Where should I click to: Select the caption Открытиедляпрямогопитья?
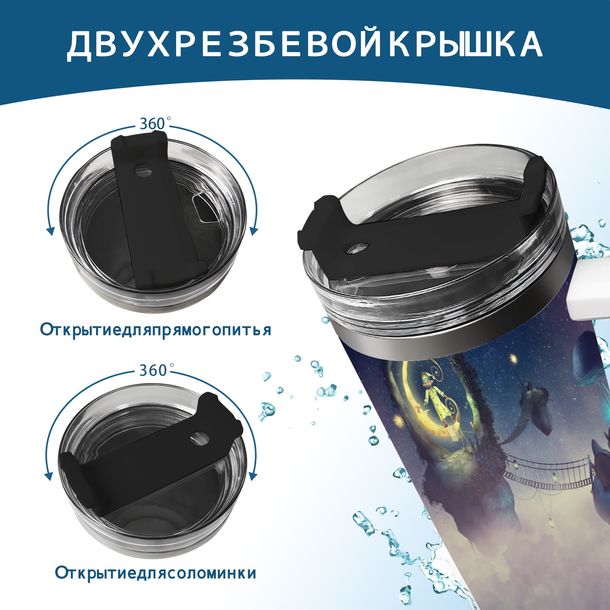click(156, 329)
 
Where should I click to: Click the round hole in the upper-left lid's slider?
click(143, 170)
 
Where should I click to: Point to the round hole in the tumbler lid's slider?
click(359, 247)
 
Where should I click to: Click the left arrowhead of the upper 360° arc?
click(50, 231)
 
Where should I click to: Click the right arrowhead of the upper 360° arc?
click(254, 231)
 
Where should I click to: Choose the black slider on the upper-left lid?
click(152, 213)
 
